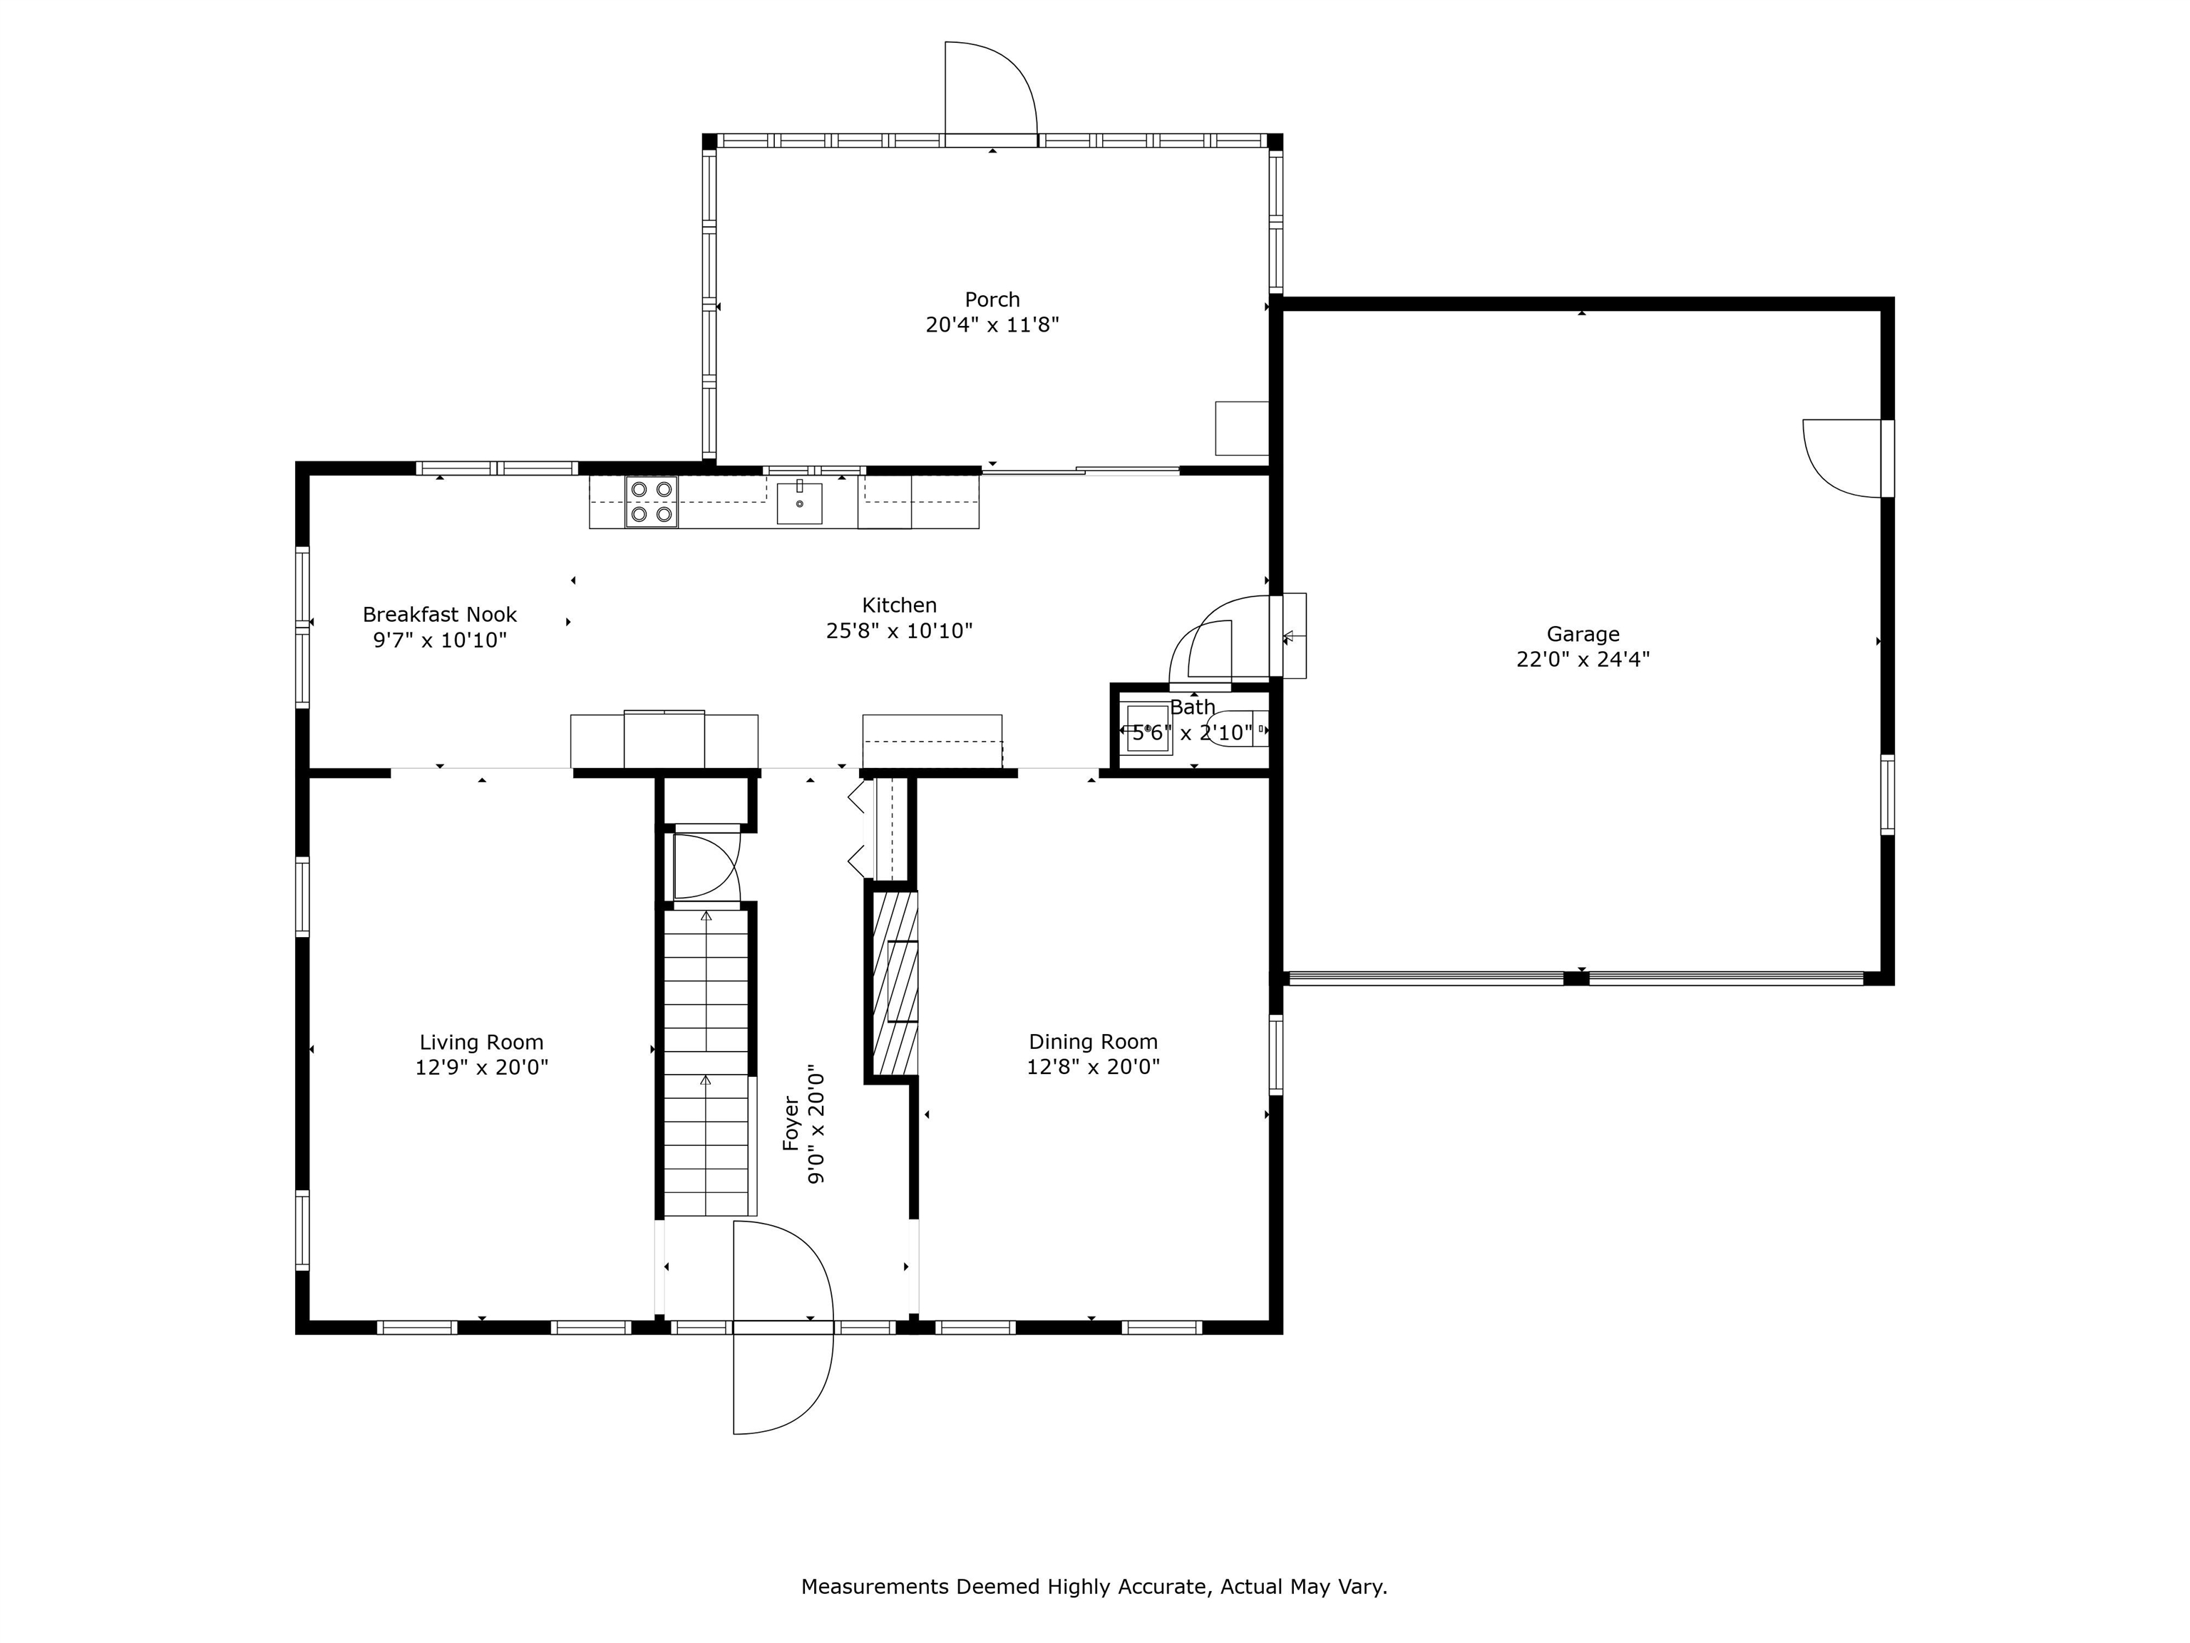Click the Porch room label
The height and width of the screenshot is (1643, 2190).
tap(992, 299)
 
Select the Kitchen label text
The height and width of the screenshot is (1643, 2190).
tap(899, 605)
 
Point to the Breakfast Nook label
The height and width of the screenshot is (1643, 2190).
tap(440, 615)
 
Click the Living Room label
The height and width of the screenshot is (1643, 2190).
tap(481, 1043)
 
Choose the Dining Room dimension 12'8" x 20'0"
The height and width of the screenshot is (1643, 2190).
tap(1093, 1068)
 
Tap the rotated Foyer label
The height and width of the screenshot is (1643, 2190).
tap(791, 1123)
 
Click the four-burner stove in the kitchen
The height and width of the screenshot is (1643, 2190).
tap(650, 502)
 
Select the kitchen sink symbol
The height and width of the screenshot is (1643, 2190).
tap(799, 502)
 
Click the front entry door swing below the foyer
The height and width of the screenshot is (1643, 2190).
tap(782, 1327)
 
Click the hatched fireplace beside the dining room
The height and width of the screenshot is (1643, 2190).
tap(894, 983)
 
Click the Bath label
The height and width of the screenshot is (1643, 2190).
tap(1192, 707)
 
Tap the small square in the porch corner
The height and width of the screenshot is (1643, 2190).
tap(1242, 429)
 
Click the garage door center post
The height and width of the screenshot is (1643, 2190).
tap(1576, 978)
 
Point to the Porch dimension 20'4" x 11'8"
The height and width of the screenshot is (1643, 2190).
tap(992, 325)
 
